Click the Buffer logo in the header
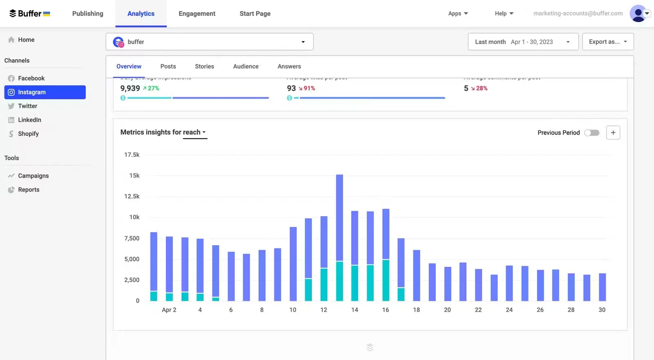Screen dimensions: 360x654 point(29,13)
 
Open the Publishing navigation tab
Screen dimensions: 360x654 point(87,13)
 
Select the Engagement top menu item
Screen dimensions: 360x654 point(197,13)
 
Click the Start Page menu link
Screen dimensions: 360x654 point(255,13)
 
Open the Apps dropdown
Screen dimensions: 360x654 point(458,13)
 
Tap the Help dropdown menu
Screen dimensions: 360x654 point(504,13)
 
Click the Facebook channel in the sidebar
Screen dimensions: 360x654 point(31,78)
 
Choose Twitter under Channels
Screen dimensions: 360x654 point(27,106)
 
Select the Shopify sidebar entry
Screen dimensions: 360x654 point(28,134)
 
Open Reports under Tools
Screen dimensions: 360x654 point(29,190)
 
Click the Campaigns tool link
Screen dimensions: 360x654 point(33,176)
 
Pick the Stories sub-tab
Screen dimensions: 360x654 point(204,66)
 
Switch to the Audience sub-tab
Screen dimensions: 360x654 point(246,66)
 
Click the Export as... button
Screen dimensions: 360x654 point(607,42)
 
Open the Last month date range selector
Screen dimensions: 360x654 point(522,42)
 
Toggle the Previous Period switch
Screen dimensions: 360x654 point(591,133)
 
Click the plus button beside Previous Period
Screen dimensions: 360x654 point(613,133)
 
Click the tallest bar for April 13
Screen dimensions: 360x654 point(339,217)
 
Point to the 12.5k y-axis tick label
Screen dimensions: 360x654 point(132,197)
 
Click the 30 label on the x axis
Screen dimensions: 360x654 point(602,310)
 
